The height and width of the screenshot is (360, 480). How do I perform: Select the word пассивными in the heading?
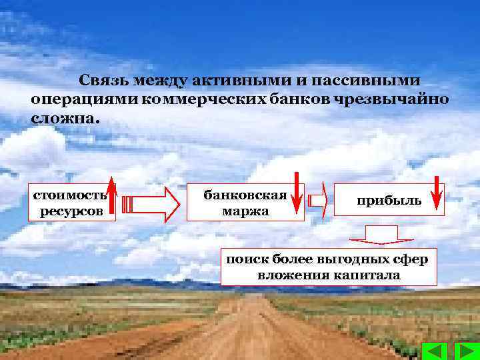(371, 81)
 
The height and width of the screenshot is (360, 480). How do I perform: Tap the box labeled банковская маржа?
(245, 202)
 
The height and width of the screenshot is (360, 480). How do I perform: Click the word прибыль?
(389, 200)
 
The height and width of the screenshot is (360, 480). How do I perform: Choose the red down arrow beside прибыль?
(436, 193)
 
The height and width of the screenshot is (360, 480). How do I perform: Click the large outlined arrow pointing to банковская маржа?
(151, 203)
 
